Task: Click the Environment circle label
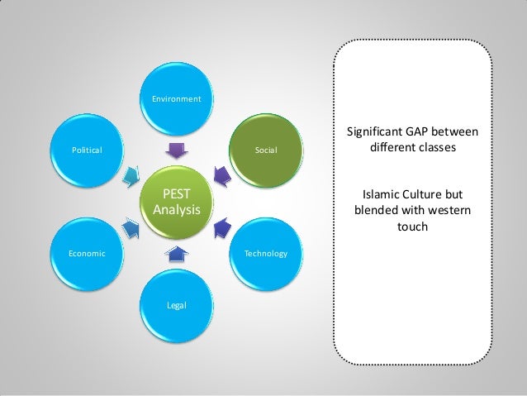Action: click(176, 99)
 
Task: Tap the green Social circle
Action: click(266, 150)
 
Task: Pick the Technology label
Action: click(266, 253)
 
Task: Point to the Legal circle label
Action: click(176, 306)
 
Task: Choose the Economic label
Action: click(87, 253)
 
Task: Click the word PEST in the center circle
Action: click(176, 195)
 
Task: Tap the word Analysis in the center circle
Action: click(176, 210)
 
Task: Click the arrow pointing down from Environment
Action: click(176, 150)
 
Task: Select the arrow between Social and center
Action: click(222, 174)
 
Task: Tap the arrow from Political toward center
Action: click(131, 176)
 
